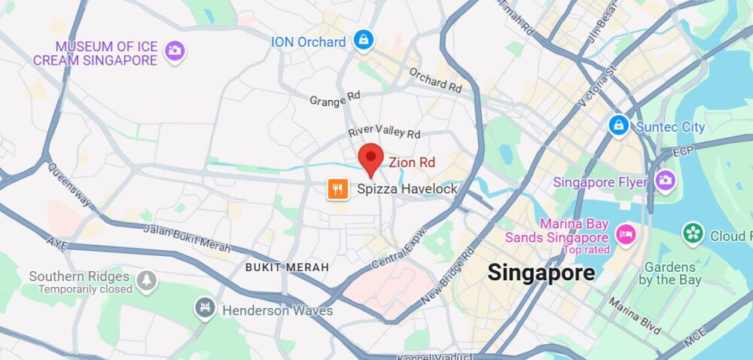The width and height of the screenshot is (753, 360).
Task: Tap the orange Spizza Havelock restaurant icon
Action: [337, 189]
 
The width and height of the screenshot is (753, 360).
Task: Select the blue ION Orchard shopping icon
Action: [364, 41]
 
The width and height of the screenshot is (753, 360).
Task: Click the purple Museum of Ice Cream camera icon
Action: [175, 51]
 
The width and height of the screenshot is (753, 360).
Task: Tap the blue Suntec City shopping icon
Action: [619, 125]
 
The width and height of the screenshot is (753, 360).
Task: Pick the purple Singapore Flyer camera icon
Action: [664, 181]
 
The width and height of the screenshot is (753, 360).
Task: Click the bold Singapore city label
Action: [541, 272]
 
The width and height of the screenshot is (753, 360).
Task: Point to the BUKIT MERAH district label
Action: [287, 267]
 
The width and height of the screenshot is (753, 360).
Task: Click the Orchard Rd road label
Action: [435, 81]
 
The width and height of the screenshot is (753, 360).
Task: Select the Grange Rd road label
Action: [335, 99]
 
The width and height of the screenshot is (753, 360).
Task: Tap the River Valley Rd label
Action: [384, 132]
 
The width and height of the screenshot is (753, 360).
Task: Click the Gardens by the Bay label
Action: [669, 274]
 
